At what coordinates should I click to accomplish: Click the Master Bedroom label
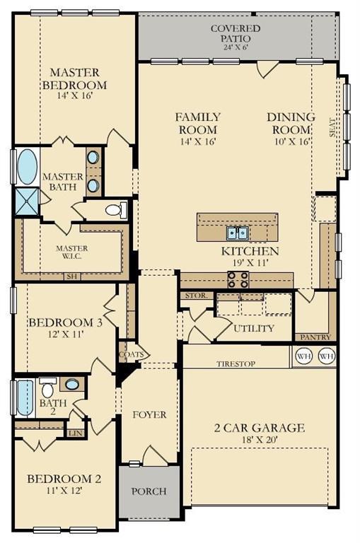click(x=74, y=78)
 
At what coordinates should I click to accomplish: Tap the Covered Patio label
click(x=236, y=33)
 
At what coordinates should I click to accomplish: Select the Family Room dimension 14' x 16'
click(x=197, y=141)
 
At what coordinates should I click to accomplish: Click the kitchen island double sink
click(x=237, y=233)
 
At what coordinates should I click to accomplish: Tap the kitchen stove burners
click(x=237, y=280)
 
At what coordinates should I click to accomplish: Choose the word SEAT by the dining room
click(x=333, y=127)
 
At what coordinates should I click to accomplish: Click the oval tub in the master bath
click(x=27, y=166)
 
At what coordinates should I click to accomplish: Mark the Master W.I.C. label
click(x=71, y=252)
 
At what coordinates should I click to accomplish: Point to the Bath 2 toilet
click(x=47, y=390)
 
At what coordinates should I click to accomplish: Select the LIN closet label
click(x=75, y=433)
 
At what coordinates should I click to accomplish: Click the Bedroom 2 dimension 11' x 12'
click(x=64, y=492)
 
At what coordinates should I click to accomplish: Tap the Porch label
click(x=149, y=491)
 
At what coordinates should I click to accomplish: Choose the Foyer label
click(x=149, y=414)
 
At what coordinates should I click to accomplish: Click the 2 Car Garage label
click(x=260, y=428)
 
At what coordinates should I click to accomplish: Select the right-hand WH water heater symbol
click(x=325, y=356)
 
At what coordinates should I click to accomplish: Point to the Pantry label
click(x=315, y=337)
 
